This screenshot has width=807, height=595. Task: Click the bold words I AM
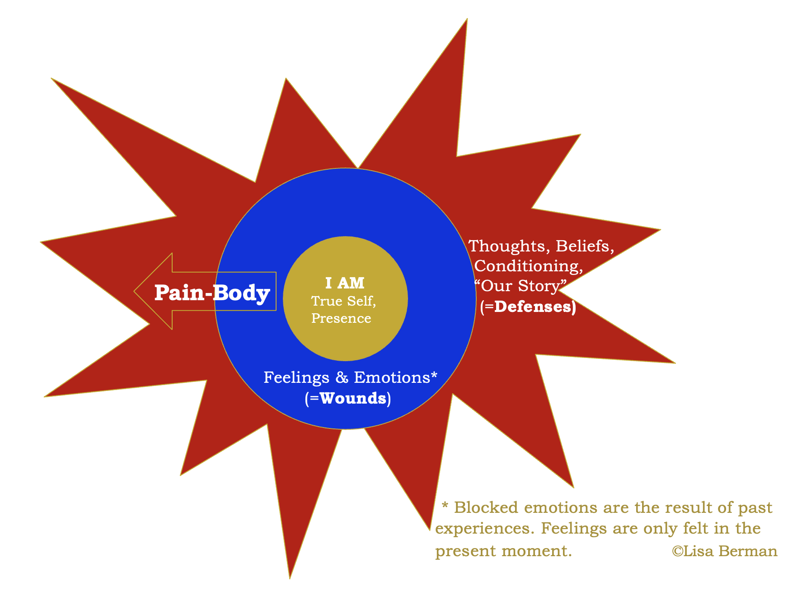click(x=345, y=283)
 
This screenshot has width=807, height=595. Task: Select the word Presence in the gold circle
click(x=341, y=318)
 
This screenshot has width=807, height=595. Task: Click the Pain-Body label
click(x=212, y=293)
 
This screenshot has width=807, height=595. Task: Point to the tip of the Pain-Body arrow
click(x=135, y=291)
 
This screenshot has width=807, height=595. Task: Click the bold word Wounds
click(x=353, y=398)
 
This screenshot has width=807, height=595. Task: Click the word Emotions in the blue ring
click(x=392, y=377)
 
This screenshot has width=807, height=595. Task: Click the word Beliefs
click(x=584, y=246)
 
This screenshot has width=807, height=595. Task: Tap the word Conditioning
click(x=528, y=266)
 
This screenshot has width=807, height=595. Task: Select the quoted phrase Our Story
click(x=520, y=286)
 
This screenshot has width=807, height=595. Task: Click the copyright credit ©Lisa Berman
click(x=724, y=551)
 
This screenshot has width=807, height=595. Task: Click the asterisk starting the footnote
click(x=445, y=506)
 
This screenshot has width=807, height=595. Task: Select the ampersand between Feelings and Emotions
click(x=342, y=377)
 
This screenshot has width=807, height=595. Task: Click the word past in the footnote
click(x=755, y=508)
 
